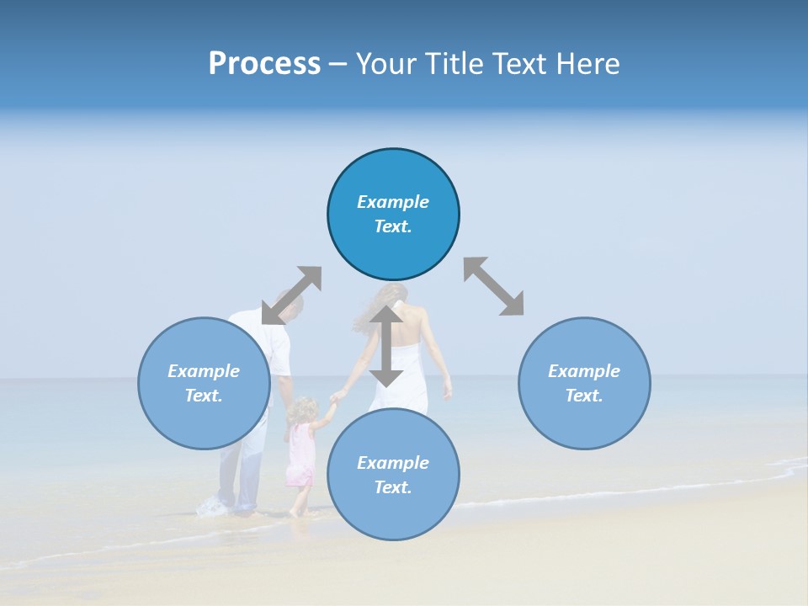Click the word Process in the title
264,63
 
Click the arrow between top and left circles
291,295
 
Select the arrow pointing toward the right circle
494,286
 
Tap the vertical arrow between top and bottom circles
386,346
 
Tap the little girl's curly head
300,410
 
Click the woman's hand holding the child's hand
338,396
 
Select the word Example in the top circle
393,202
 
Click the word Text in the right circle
584,396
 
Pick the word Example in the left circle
204,371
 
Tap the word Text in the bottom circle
393,487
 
